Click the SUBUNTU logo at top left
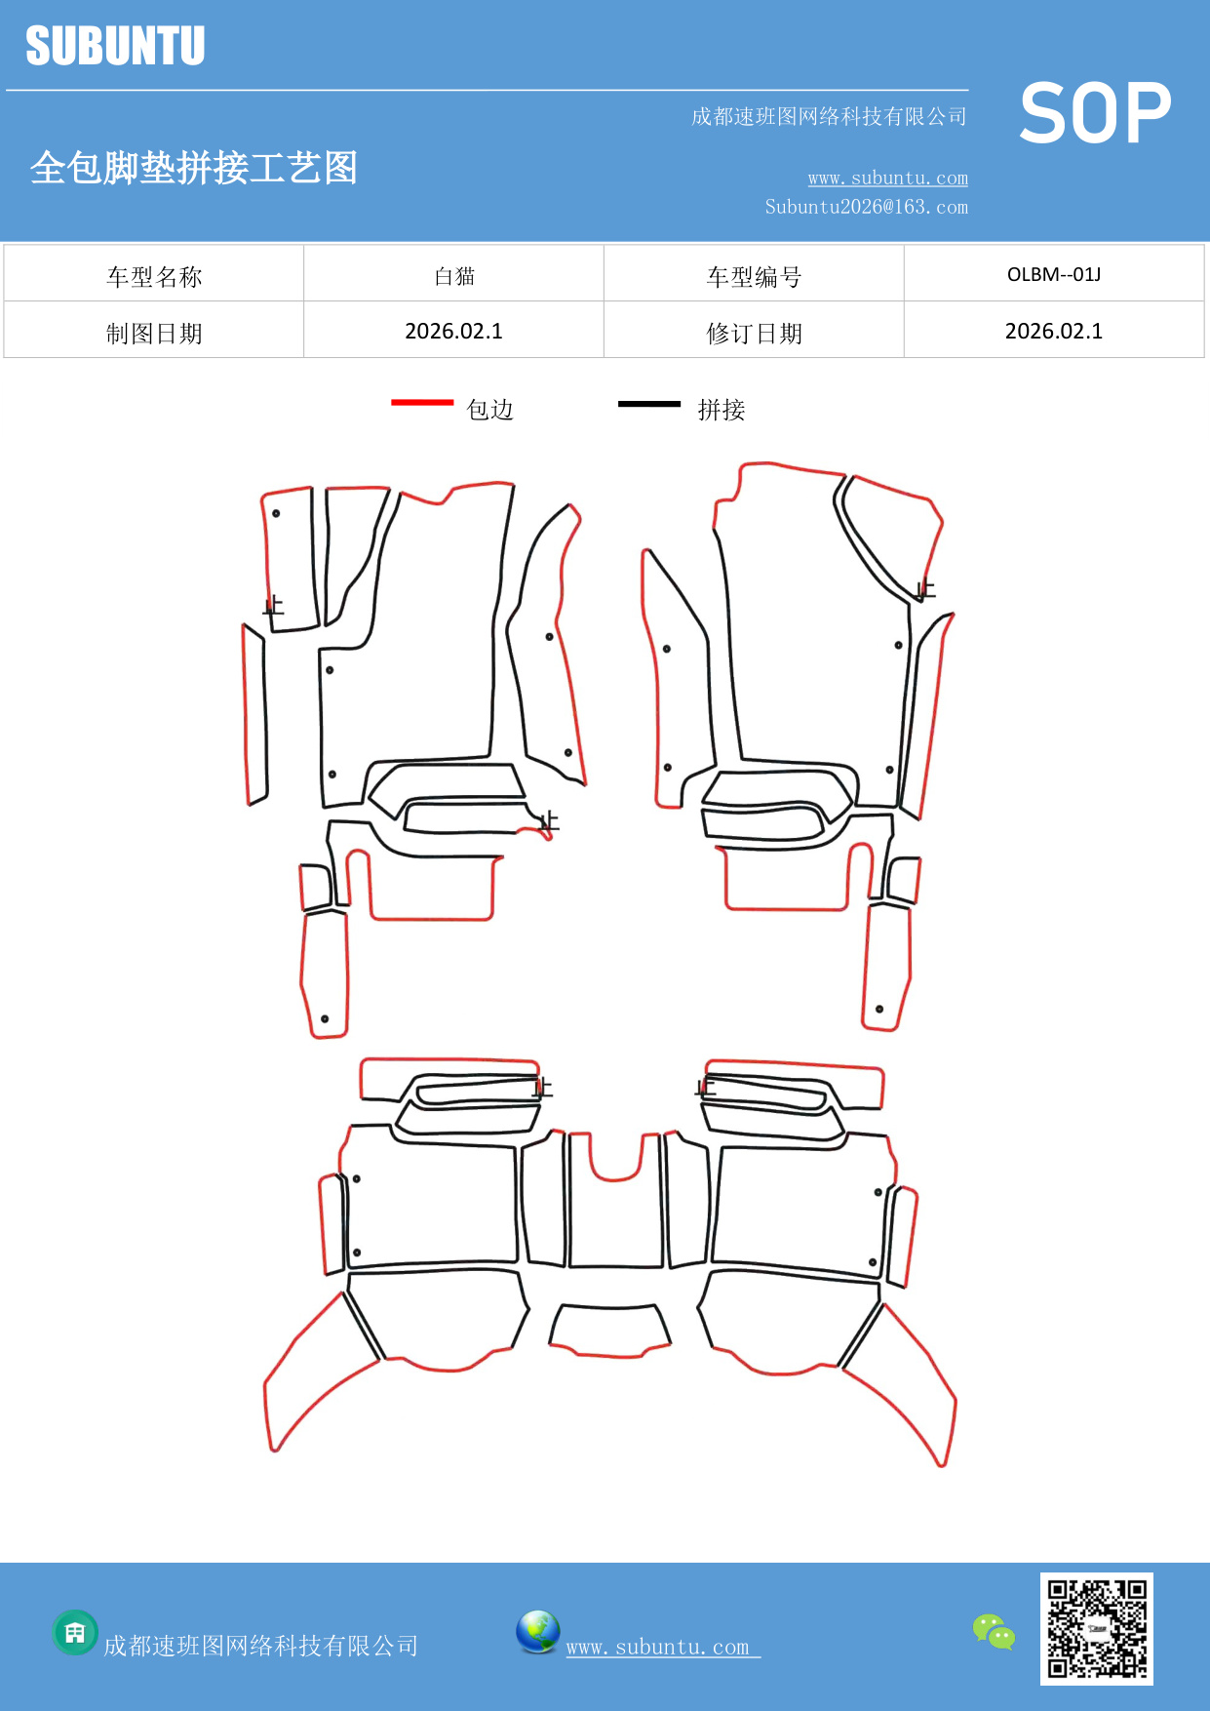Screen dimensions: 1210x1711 [115, 46]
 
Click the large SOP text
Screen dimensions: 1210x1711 [1095, 113]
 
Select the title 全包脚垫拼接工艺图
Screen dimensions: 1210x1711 [194, 168]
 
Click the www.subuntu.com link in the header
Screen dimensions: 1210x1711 [887, 178]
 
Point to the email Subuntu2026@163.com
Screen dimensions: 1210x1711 [866, 207]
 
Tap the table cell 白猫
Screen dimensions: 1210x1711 [454, 276]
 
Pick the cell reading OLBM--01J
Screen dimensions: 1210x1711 [1054, 274]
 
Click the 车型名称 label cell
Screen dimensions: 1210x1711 [154, 277]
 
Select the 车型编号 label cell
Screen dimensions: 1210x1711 [754, 277]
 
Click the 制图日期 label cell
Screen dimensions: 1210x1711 [154, 334]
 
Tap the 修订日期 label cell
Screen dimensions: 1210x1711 [754, 334]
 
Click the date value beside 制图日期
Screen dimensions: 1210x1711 [453, 332]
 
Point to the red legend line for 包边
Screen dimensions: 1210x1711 [422, 402]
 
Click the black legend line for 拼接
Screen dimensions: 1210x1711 [649, 403]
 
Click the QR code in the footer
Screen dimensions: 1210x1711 [1097, 1629]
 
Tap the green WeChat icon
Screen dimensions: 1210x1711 [994, 1632]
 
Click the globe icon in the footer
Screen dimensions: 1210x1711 [538, 1632]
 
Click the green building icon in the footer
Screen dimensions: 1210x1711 [75, 1632]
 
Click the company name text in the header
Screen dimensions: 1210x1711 [829, 117]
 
